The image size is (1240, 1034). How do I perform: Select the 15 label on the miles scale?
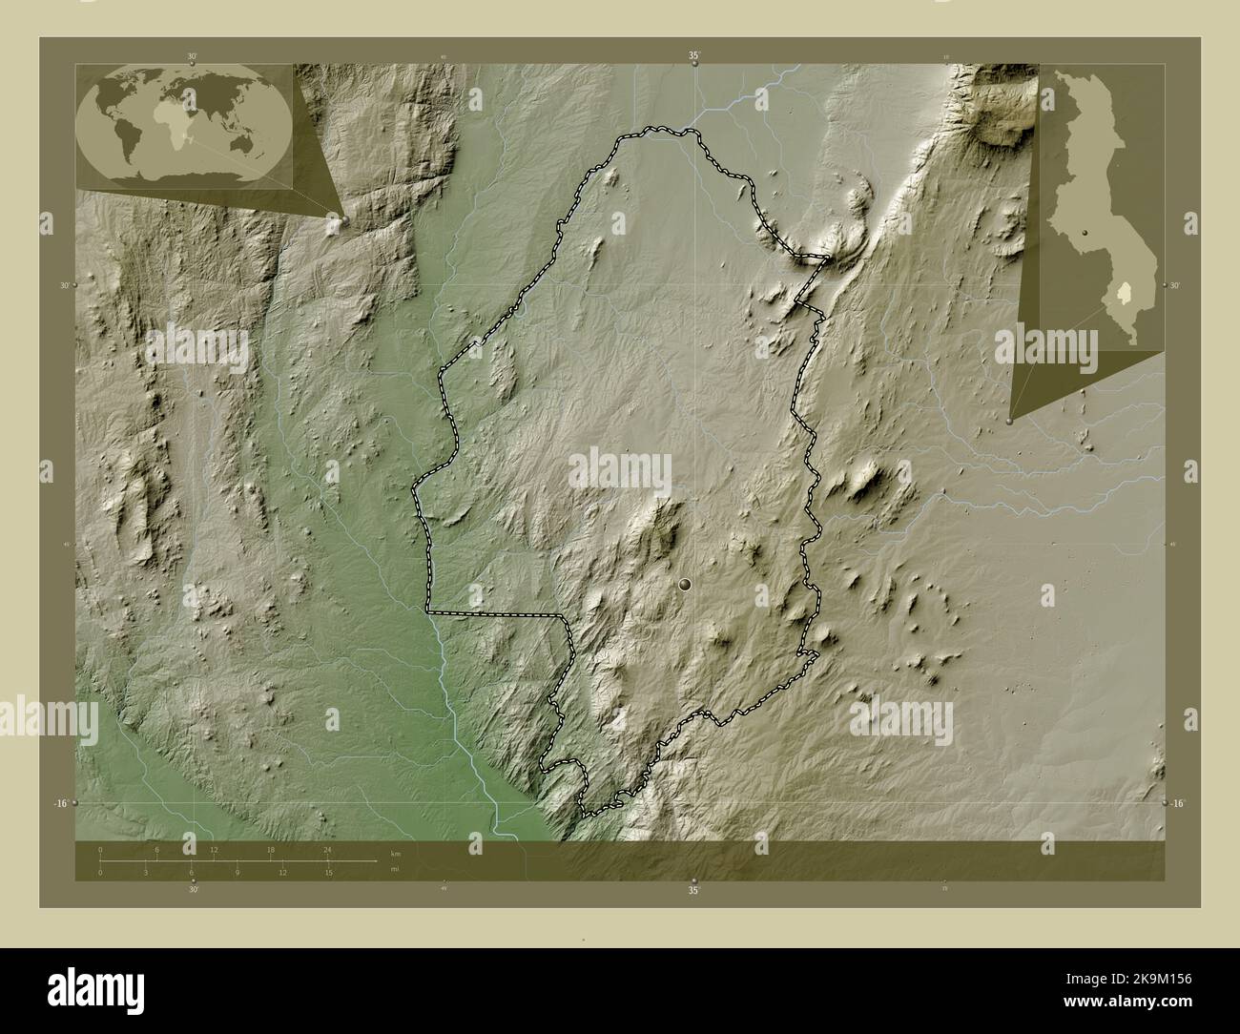[x=327, y=872]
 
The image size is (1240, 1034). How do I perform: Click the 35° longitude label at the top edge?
[x=694, y=56]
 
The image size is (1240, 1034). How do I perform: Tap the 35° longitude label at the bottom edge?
[x=694, y=890]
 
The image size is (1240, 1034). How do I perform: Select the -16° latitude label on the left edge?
[x=59, y=804]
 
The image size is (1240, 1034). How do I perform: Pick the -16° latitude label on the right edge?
[x=1179, y=804]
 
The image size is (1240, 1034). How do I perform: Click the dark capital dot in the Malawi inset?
[x=1085, y=233]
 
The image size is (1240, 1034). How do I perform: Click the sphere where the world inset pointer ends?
[x=335, y=221]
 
